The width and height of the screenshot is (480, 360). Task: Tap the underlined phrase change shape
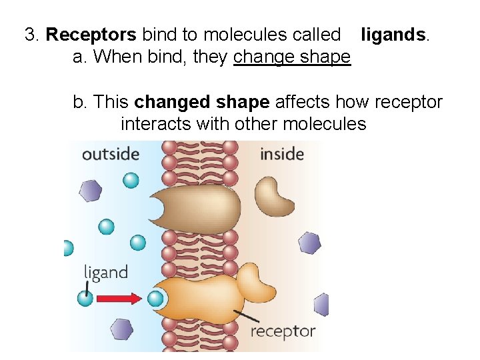pyautogui.click(x=292, y=57)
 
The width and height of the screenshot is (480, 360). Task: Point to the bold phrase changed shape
pyautogui.click(x=202, y=102)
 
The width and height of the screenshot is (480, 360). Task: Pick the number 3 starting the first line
pyautogui.click(x=29, y=35)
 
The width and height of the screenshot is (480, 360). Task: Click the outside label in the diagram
pyautogui.click(x=110, y=154)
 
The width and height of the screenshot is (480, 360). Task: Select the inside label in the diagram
pyautogui.click(x=281, y=154)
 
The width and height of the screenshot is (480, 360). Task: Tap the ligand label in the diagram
pyautogui.click(x=105, y=272)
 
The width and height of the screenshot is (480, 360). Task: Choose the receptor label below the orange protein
pyautogui.click(x=282, y=331)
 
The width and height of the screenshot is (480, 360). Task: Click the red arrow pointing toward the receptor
pyautogui.click(x=119, y=298)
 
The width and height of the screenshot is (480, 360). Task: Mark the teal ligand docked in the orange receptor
pyautogui.click(x=155, y=298)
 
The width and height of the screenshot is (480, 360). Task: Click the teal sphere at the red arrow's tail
pyautogui.click(x=85, y=298)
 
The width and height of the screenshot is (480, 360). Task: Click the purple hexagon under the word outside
pyautogui.click(x=91, y=191)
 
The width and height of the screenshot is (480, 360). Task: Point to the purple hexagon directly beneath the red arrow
pyautogui.click(x=121, y=329)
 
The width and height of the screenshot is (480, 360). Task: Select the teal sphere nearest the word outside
pyautogui.click(x=131, y=179)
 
